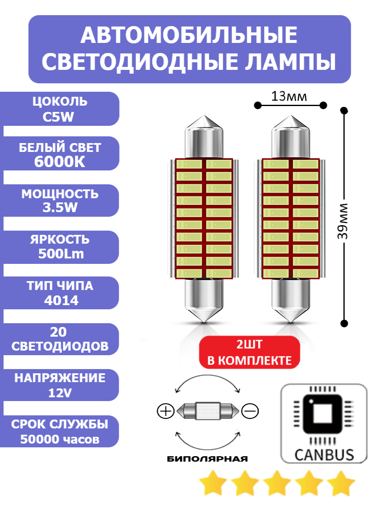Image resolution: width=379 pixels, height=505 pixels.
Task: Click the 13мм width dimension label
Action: tap(289, 97)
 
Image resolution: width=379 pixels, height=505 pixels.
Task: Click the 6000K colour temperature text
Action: tap(60, 162)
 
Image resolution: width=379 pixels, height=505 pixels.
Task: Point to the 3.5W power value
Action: tap(60, 208)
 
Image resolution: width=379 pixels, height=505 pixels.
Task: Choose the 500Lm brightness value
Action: tap(61, 254)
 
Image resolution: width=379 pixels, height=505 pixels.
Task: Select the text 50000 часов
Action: tap(60, 439)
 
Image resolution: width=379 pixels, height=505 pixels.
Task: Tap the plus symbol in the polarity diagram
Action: tap(165, 411)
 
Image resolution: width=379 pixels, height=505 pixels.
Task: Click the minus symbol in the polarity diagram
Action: tap(250, 410)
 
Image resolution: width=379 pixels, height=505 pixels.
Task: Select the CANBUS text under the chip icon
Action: tap(324, 454)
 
